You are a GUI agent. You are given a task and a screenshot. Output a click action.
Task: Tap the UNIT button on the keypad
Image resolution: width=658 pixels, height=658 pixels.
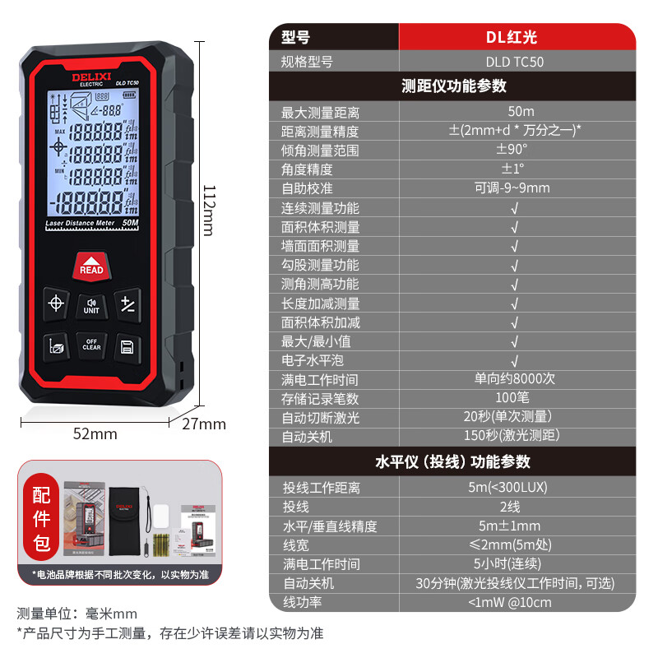pyautogui.click(x=91, y=305)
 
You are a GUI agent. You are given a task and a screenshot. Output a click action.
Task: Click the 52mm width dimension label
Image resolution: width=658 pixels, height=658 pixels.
pyautogui.click(x=95, y=433)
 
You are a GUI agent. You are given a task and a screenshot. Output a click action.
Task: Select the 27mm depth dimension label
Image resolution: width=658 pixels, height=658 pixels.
pyautogui.click(x=204, y=424)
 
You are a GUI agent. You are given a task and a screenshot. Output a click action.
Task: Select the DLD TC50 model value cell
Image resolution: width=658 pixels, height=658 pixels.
pyautogui.click(x=514, y=62)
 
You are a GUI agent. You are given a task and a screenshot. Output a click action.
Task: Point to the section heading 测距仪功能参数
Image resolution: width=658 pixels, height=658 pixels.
pyautogui.click(x=453, y=86)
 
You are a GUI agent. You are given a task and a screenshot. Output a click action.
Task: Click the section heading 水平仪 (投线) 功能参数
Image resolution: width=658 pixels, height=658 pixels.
pyautogui.click(x=453, y=461)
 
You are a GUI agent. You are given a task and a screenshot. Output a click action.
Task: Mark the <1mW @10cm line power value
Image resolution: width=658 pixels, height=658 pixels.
pyautogui.click(x=514, y=602)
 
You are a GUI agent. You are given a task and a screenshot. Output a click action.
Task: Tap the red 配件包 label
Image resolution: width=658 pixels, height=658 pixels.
pyautogui.click(x=41, y=519)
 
